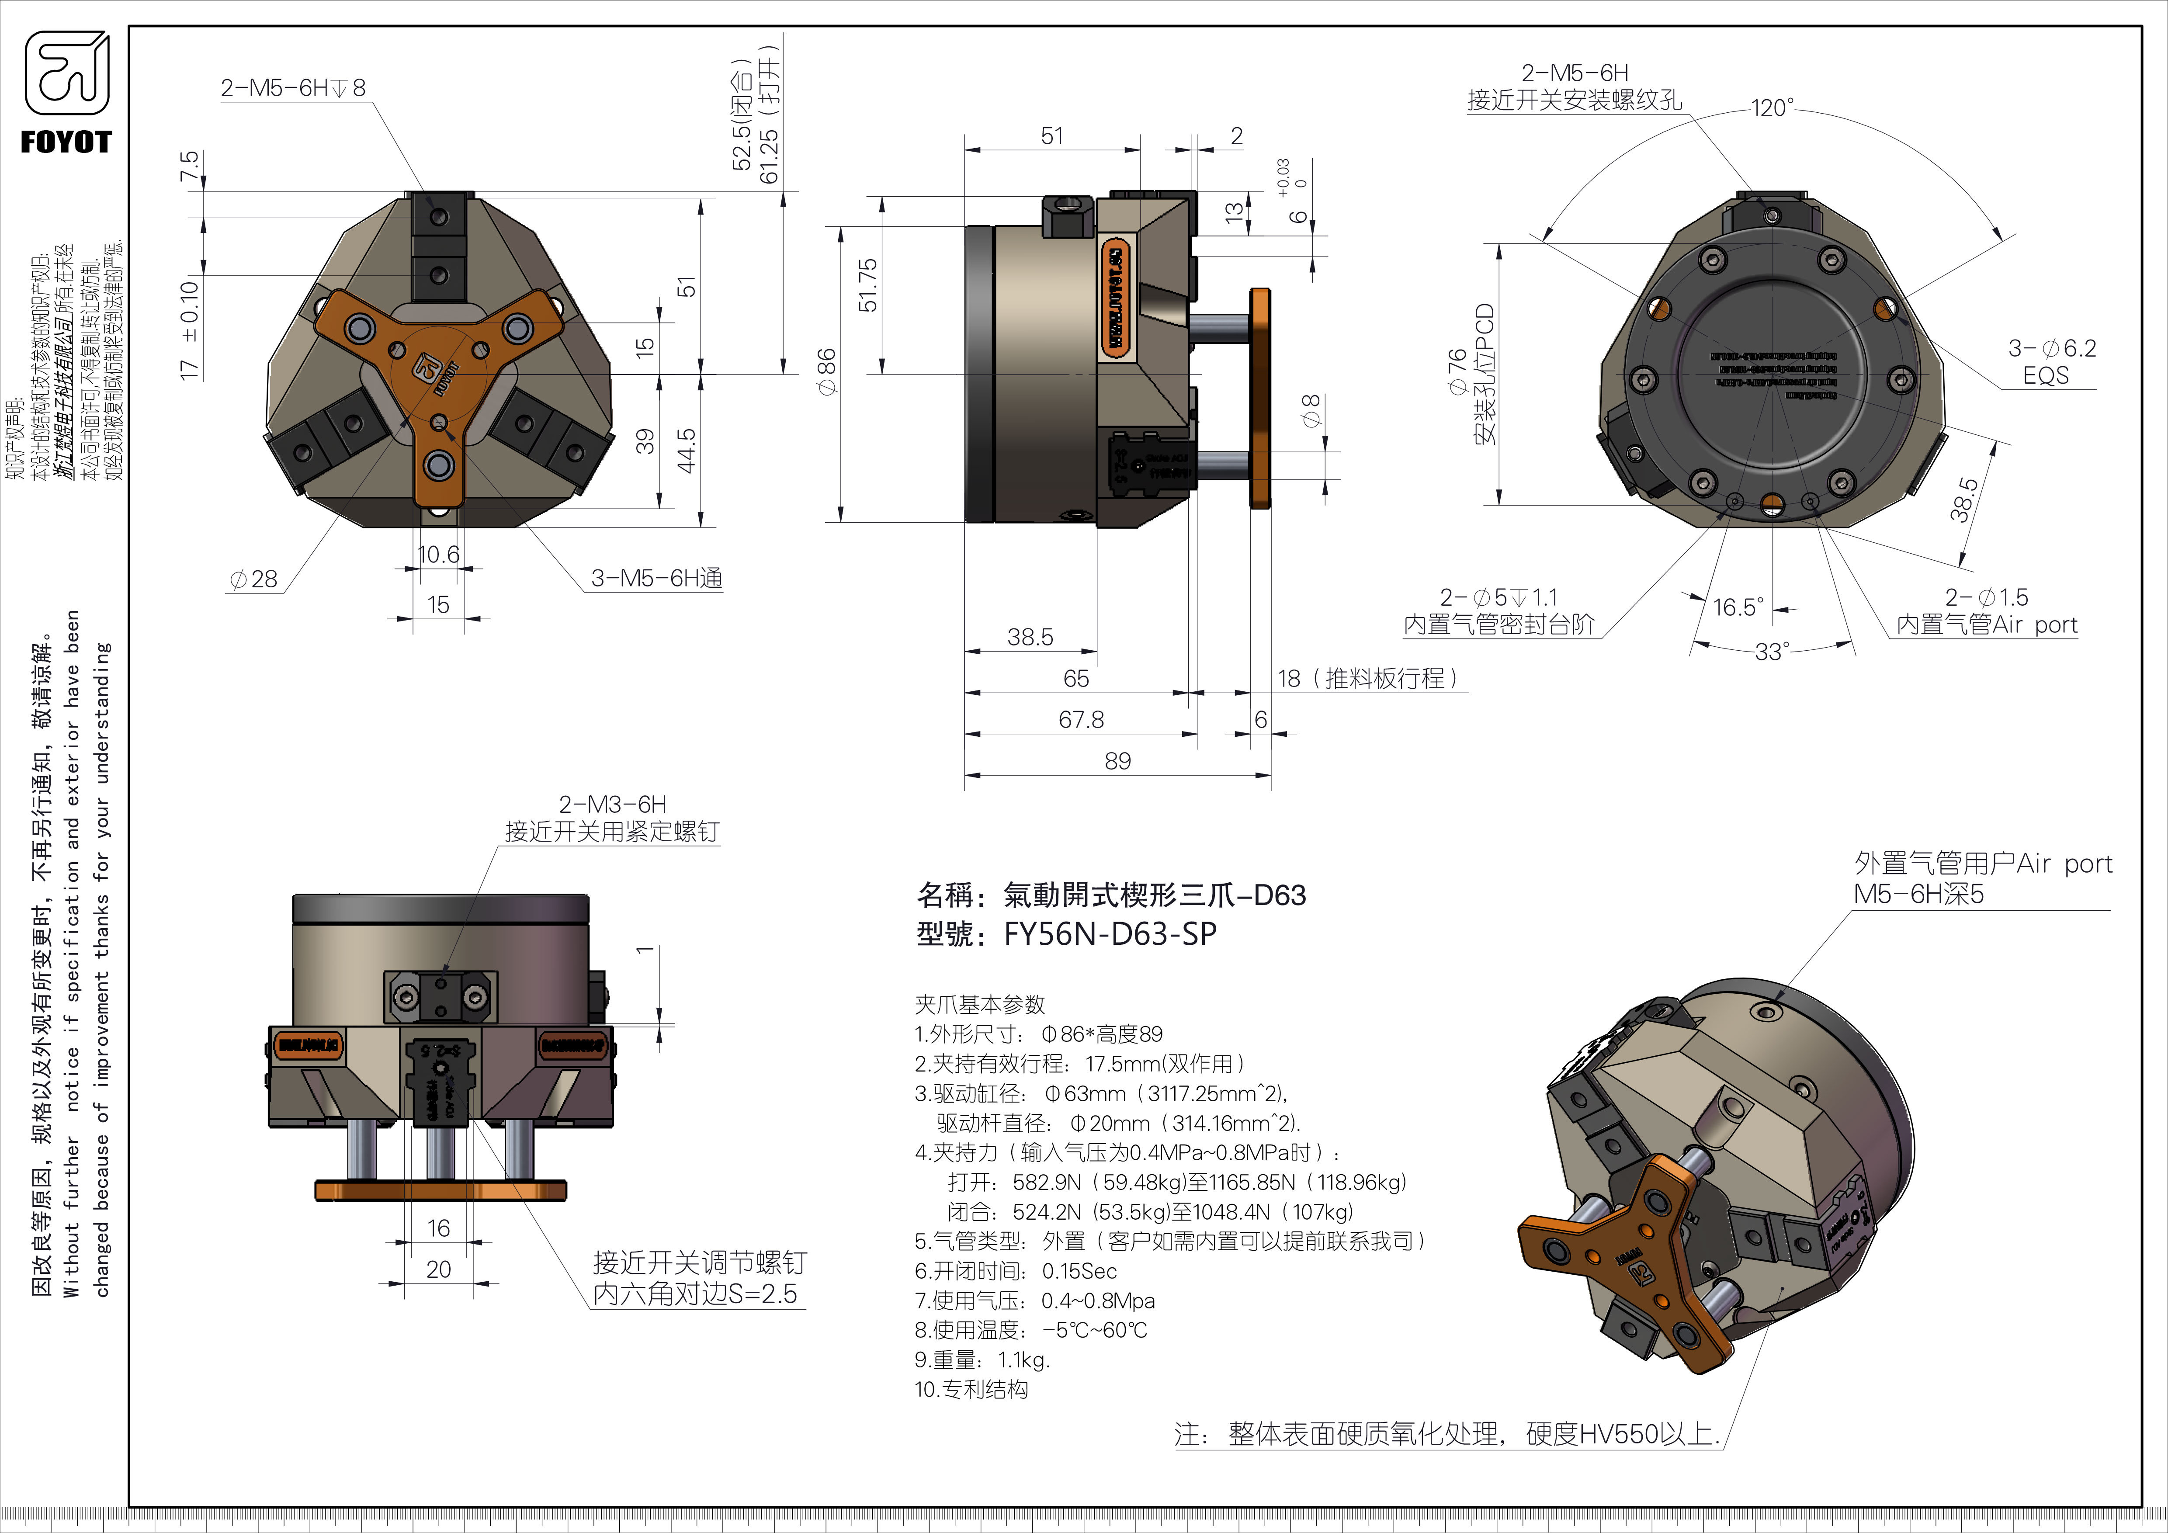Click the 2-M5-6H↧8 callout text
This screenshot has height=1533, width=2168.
[293, 88]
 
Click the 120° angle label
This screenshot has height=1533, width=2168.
[1773, 108]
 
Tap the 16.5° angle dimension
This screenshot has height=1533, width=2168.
[1738, 607]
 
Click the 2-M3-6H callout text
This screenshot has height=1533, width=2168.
[612, 804]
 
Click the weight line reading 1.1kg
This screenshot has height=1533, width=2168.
[982, 1360]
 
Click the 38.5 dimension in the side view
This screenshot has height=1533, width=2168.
[1029, 637]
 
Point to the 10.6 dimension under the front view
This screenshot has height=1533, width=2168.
[438, 554]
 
